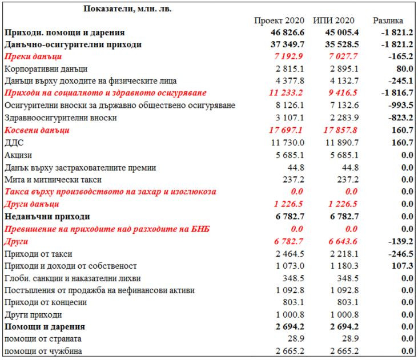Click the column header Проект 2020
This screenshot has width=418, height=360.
(279, 21)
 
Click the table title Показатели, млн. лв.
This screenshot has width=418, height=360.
(127, 9)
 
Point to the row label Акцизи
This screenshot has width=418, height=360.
(18, 155)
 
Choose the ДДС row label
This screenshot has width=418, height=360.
(14, 143)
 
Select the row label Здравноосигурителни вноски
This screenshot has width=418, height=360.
(61, 118)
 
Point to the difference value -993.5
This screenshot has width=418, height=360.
(399, 106)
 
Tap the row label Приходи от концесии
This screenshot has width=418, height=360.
(46, 302)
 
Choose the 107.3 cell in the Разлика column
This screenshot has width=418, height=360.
(400, 266)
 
